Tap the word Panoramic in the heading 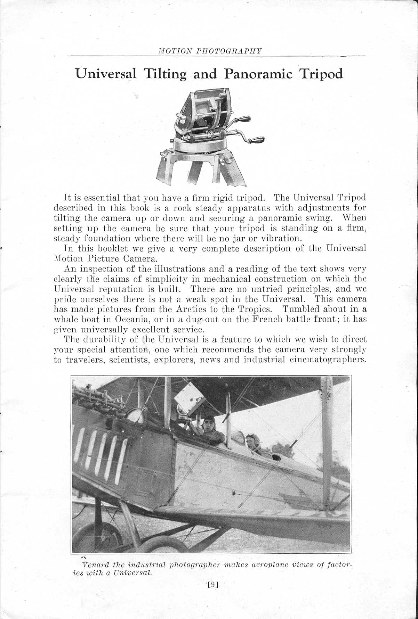click(x=258, y=74)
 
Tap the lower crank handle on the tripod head click(x=255, y=139)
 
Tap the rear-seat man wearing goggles click(x=251, y=441)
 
